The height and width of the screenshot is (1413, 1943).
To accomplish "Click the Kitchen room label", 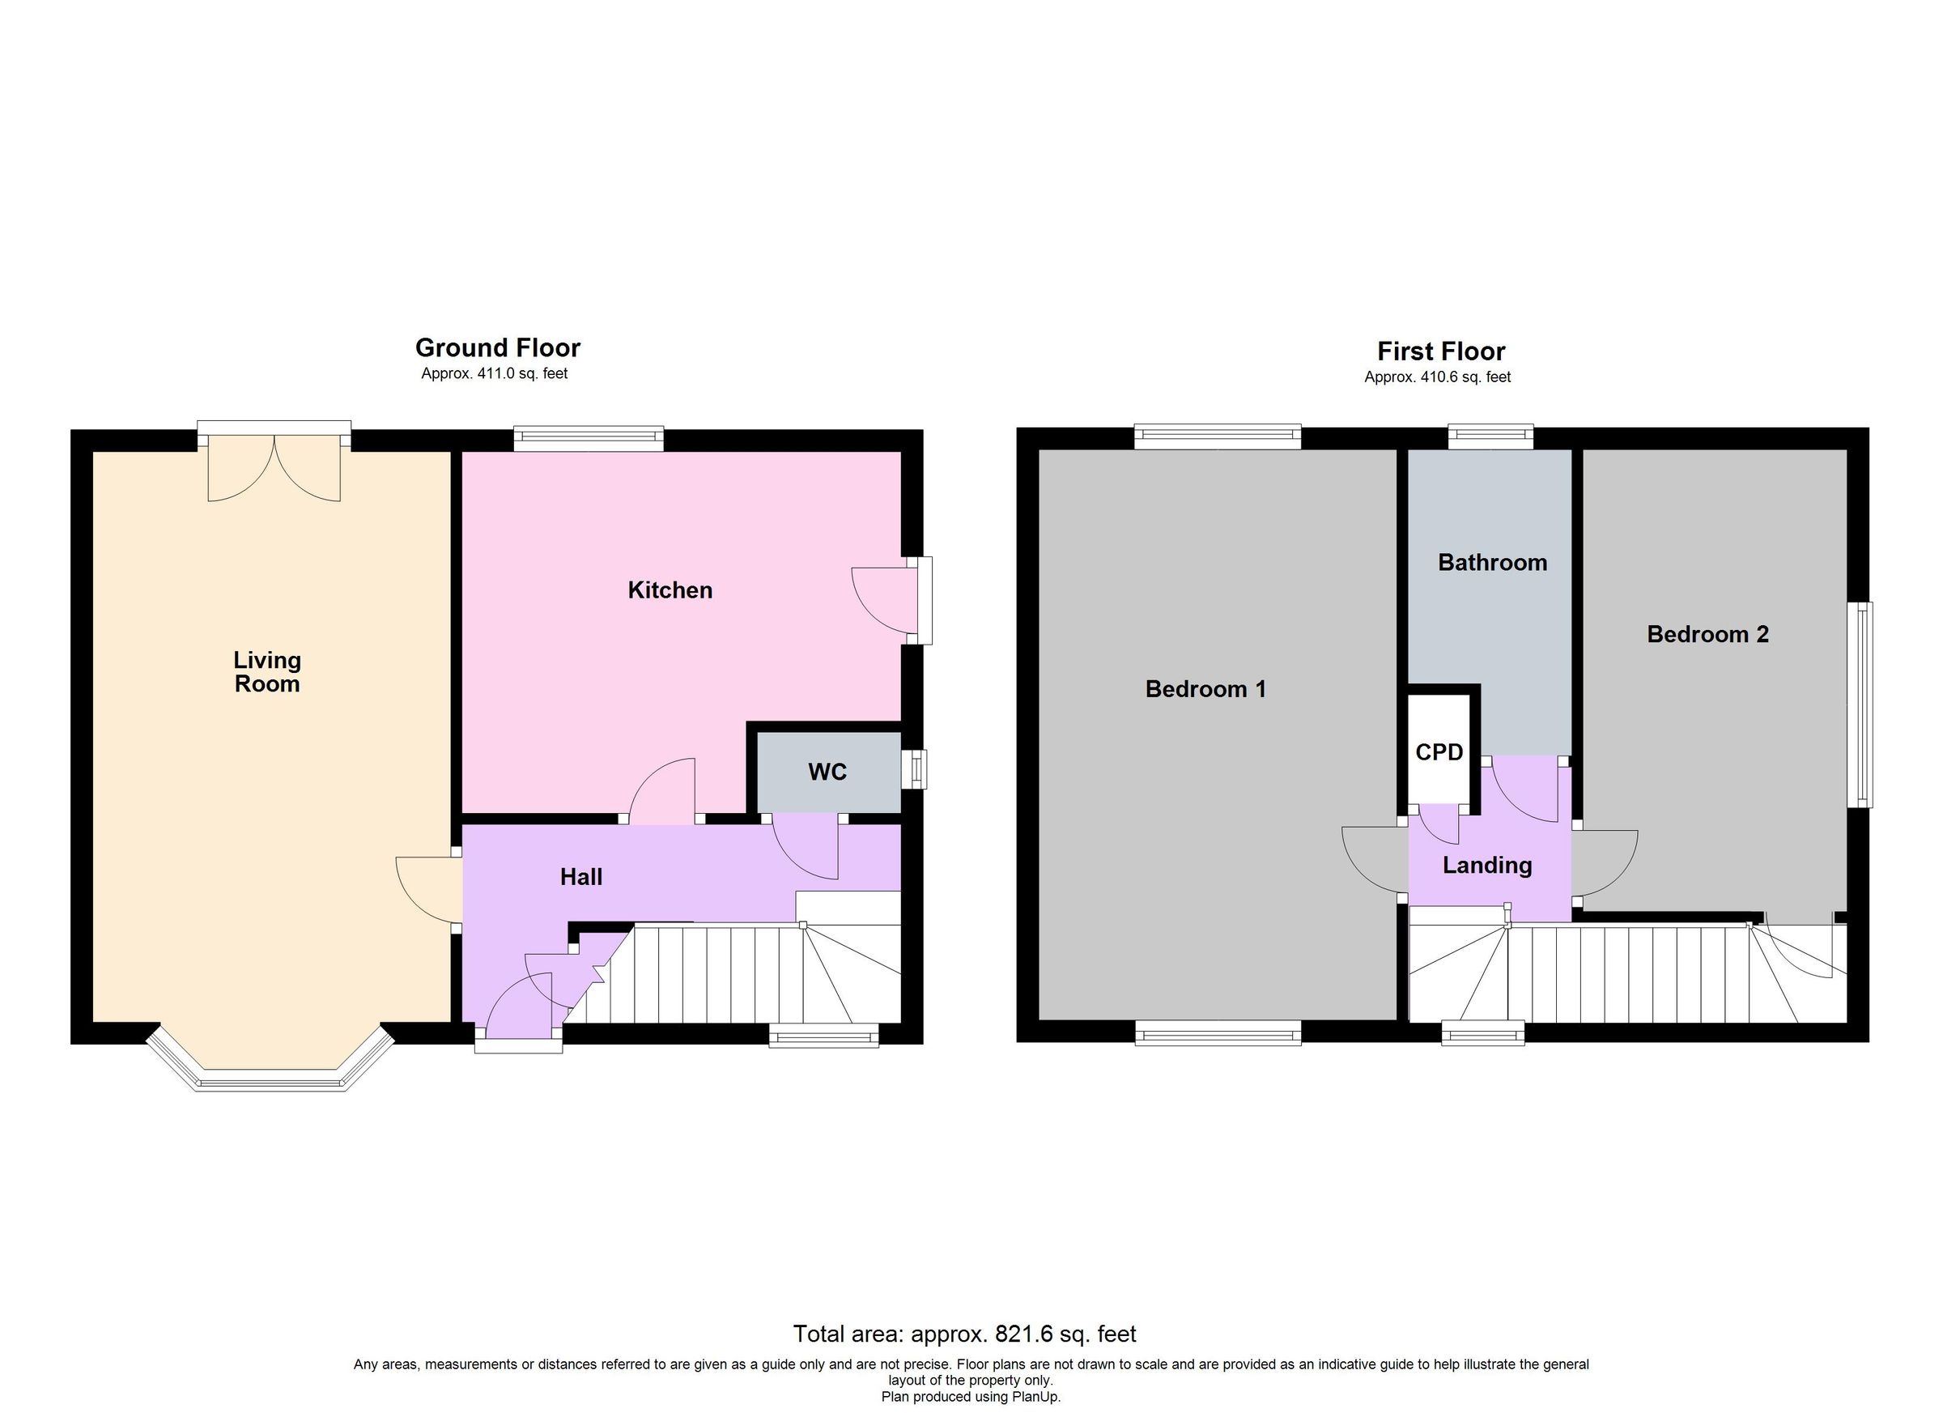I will point(670,590).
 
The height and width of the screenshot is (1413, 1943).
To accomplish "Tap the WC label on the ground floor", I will point(827,772).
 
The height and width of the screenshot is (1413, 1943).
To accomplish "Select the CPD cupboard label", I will point(1439,752).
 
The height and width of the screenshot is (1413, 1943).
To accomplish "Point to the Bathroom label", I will point(1492,563).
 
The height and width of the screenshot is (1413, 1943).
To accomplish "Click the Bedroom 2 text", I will point(1707,634).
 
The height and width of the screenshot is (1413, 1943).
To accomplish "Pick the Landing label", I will point(1486,866).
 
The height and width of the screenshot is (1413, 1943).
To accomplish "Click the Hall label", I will point(580,877).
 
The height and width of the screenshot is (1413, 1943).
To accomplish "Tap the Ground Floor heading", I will point(498,348).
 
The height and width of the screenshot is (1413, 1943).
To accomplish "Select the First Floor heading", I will point(1441,351).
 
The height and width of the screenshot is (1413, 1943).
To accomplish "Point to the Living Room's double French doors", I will point(274,467).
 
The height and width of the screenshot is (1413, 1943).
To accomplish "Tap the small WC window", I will point(918,768).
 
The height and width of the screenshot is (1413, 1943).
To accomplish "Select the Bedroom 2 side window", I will point(1859,704).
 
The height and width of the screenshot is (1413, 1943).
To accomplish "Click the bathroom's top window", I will point(1490,437).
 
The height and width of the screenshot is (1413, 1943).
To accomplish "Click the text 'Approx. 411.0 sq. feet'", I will point(495,373).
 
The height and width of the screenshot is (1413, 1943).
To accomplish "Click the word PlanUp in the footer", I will point(1035,1397).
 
